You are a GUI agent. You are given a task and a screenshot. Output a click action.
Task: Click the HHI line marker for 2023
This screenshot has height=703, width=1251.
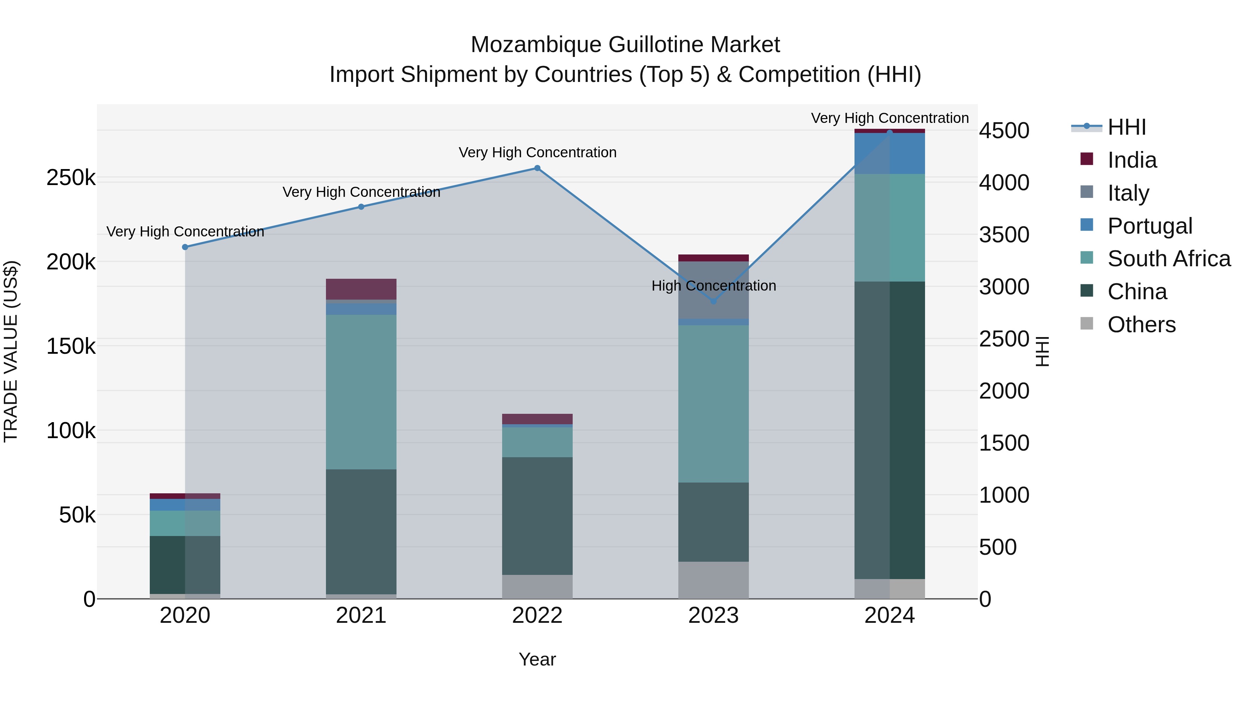713,301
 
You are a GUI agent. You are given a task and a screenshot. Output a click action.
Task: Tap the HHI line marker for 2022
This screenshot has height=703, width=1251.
537,168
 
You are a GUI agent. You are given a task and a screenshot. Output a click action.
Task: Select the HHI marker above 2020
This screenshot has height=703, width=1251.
185,247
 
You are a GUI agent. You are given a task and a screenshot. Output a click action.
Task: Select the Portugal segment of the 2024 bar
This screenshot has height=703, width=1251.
890,154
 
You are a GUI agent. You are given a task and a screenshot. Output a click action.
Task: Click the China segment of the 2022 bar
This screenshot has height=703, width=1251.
537,516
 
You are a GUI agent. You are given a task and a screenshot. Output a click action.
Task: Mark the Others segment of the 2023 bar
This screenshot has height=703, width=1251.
713,580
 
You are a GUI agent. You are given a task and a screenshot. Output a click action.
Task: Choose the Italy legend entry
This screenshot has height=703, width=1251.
1128,193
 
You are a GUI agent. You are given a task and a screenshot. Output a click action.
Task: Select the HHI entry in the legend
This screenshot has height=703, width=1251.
1126,127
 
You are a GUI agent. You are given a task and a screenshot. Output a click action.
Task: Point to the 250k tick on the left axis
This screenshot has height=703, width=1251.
71,178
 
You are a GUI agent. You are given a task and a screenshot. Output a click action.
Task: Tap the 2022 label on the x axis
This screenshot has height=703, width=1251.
537,616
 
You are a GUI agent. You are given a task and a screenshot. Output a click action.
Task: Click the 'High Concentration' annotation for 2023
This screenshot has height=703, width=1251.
713,286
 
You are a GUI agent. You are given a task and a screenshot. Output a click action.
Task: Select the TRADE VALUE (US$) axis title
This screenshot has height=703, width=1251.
11,351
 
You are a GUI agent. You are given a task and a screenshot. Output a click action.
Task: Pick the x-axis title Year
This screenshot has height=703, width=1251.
537,659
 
